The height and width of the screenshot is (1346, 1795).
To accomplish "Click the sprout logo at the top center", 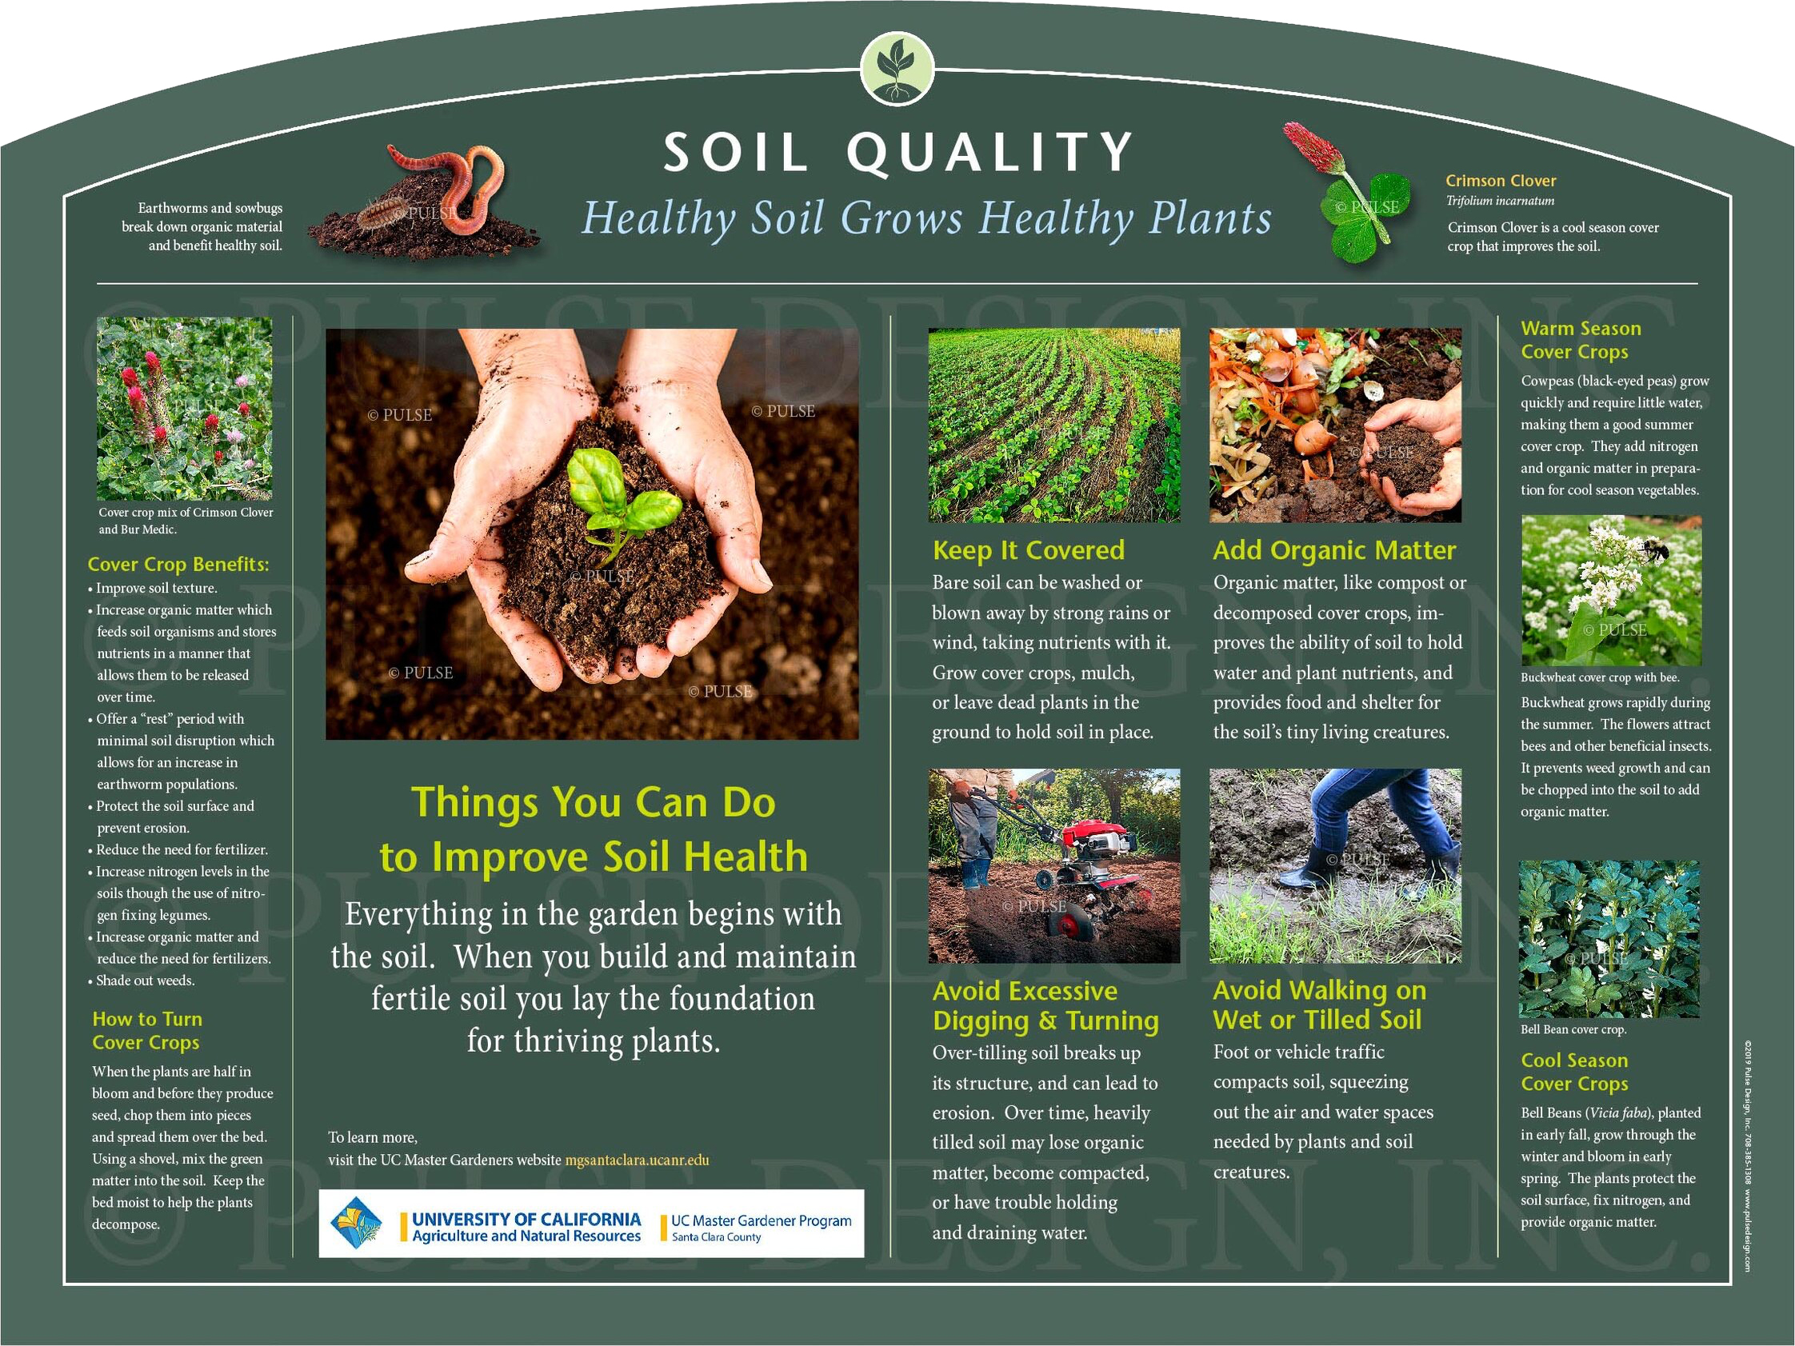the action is tap(897, 70).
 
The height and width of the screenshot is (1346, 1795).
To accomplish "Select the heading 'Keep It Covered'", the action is tap(1028, 550).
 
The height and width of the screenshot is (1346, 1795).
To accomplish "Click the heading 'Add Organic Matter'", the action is tap(1334, 550).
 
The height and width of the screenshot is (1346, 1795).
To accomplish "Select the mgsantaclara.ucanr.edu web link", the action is tap(637, 1160).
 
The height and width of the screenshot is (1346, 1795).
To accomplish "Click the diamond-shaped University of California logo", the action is tap(354, 1224).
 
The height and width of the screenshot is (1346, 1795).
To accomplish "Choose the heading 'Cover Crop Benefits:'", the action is tap(178, 564).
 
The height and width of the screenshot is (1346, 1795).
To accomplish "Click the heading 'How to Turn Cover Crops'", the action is tap(147, 1030).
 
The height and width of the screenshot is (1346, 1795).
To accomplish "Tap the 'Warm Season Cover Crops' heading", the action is tap(1581, 340).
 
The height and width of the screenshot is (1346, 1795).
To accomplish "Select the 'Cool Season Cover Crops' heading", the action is tap(1574, 1072).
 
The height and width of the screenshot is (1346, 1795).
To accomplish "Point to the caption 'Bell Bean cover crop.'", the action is tap(1573, 1029).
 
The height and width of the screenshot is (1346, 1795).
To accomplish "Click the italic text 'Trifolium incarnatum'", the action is tap(1501, 201).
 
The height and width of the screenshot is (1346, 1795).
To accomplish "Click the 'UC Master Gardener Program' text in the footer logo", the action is tap(762, 1220).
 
